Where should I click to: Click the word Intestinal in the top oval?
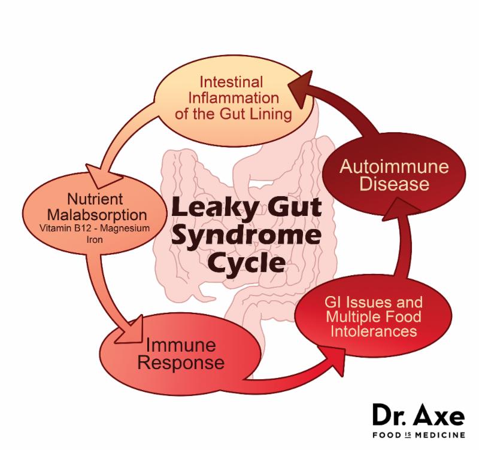(231, 82)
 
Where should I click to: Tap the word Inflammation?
(234, 98)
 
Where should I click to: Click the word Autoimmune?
(394, 167)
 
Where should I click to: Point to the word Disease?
(395, 184)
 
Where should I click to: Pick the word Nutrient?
(95, 199)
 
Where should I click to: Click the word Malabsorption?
(97, 215)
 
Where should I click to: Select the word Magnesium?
(127, 228)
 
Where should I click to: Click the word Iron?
(95, 239)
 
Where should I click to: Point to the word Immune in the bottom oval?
(181, 345)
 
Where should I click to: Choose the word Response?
(181, 363)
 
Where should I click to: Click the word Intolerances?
(374, 331)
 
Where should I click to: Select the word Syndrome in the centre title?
(246, 236)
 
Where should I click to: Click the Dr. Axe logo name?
(419, 415)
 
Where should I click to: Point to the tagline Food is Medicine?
(419, 434)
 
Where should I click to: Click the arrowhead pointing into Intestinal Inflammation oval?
(301, 89)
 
